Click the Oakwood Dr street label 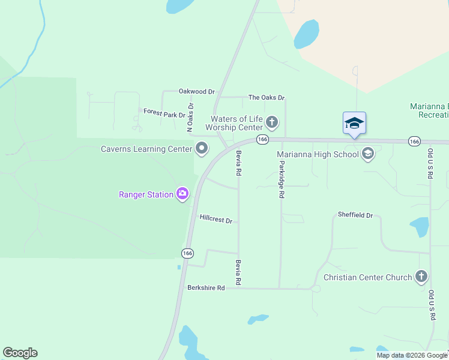point(196,92)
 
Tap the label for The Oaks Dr point(266,97)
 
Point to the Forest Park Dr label point(164,113)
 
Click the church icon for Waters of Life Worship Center point(272,123)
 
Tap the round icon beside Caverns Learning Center point(202,148)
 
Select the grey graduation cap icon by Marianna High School point(368,154)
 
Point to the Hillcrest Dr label point(215,220)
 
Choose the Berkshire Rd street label point(205,288)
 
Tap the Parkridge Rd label point(281,179)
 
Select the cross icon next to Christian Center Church point(421,277)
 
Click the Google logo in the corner point(20,353)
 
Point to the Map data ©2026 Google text point(411,355)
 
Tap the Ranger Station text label point(146,194)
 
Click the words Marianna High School point(317,154)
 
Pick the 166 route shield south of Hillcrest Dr point(187,253)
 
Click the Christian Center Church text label point(367,277)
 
